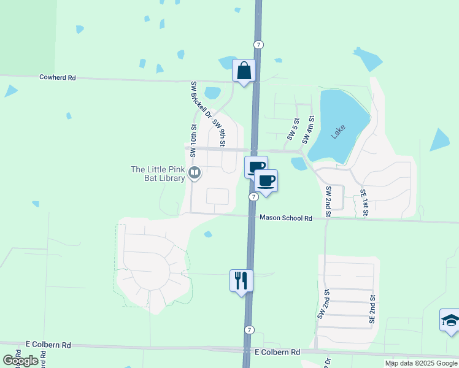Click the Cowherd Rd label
57,78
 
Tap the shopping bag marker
244,71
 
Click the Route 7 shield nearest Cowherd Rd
259,44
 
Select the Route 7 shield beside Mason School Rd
253,196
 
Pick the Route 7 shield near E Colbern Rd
249,330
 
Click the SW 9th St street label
219,132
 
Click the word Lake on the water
338,131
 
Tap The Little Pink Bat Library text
158,174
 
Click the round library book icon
195,174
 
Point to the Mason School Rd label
286,218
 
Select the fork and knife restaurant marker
241,280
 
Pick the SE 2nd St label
372,309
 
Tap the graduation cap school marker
450,320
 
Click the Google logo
20,361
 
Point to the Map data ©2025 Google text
421,363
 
